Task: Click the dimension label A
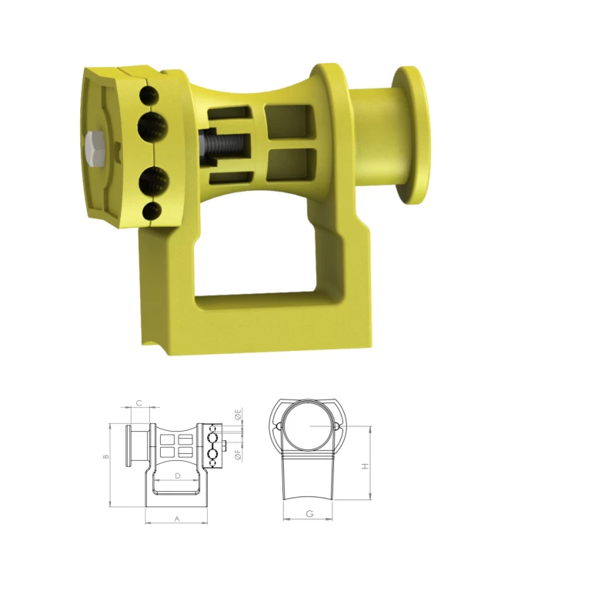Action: click(177, 519)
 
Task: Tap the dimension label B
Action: click(106, 456)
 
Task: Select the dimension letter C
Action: click(139, 403)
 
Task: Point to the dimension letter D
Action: click(178, 476)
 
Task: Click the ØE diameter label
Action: click(238, 414)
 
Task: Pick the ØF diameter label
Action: click(238, 455)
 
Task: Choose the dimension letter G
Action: click(309, 513)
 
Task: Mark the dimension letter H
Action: click(365, 466)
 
